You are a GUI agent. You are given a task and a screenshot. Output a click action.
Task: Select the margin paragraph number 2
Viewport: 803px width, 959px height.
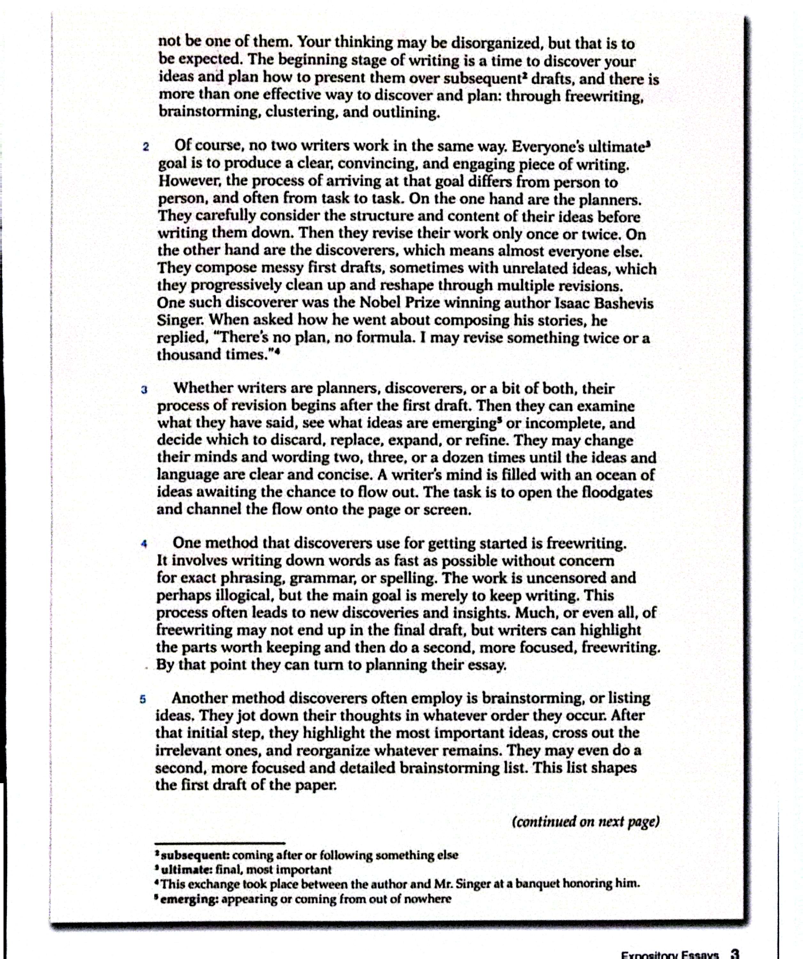[146, 147]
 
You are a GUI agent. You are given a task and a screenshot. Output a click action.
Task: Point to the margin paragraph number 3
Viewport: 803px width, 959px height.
[145, 390]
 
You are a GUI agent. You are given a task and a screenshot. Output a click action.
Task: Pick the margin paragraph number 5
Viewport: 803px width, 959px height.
[143, 699]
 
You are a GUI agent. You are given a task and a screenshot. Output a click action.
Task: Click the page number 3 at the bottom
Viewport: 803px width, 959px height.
[735, 954]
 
